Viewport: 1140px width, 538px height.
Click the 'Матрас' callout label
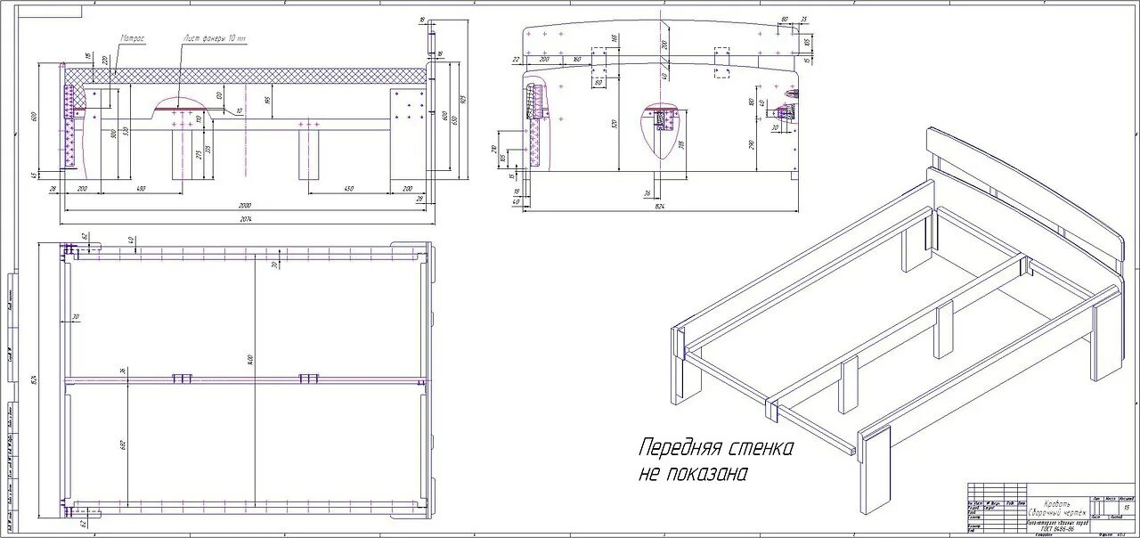133,39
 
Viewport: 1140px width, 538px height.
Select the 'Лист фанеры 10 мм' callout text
215,39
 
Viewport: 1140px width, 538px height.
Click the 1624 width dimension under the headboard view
659,207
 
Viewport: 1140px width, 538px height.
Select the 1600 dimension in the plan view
252,358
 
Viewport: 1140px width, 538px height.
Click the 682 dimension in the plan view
126,443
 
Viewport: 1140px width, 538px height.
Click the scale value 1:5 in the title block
1127,507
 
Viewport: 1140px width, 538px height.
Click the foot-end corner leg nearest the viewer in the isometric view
874,470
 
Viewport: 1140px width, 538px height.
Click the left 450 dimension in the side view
141,188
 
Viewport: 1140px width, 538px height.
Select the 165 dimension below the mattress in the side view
268,99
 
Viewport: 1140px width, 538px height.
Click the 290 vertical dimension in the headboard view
753,145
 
